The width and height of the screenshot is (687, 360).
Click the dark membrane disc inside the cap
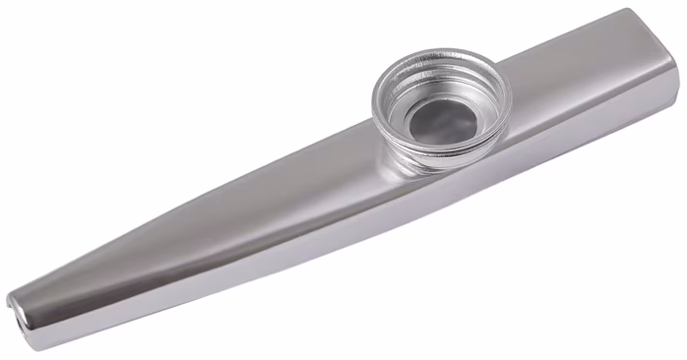pyautogui.click(x=440, y=120)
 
